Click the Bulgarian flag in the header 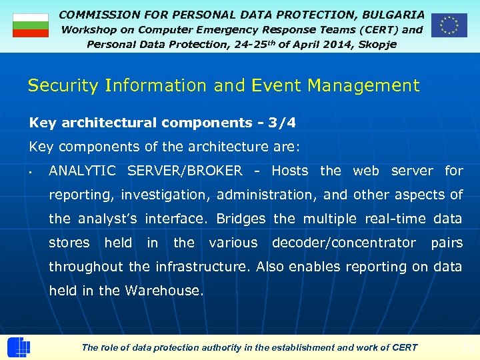tap(31, 25)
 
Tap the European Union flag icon tap(449, 25)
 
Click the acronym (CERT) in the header tap(379, 29)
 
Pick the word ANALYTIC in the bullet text tap(82, 171)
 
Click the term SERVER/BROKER tap(185, 171)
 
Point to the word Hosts tap(290, 171)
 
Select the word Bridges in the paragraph tap(241, 219)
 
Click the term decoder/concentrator tap(343, 243)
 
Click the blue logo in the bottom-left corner tap(18, 347)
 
